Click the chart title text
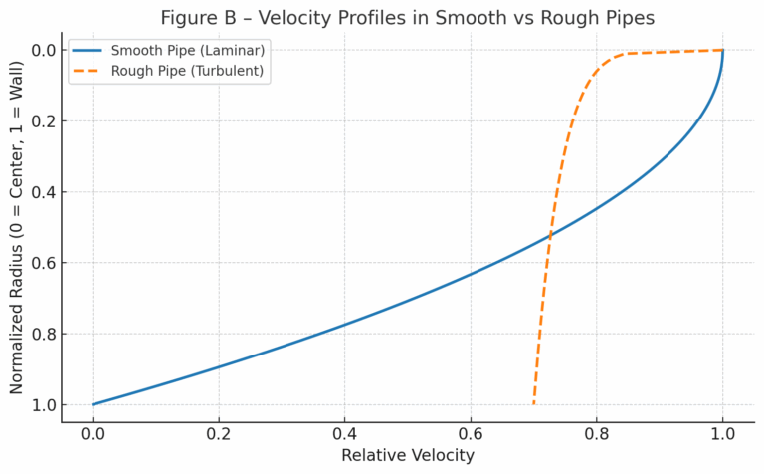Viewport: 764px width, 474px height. (408, 17)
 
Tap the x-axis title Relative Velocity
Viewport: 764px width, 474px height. (408, 455)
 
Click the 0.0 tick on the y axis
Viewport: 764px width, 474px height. (43, 50)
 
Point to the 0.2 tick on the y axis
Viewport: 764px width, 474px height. (43, 120)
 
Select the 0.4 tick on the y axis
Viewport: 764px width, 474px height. (43, 192)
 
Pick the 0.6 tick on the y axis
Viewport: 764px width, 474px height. (43, 263)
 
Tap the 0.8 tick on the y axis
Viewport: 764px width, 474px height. (43, 334)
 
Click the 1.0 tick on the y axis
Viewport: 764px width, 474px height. (43, 404)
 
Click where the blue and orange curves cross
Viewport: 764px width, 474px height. (550, 236)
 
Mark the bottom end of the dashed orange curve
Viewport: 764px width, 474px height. (534, 404)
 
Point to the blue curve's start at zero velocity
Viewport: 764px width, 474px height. (93, 404)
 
